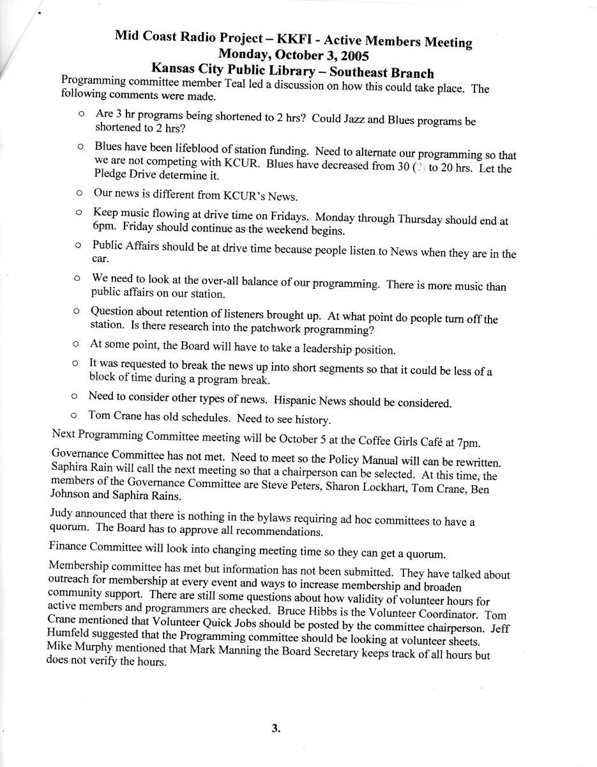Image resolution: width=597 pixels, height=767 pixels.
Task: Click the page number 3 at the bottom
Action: tap(275, 727)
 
